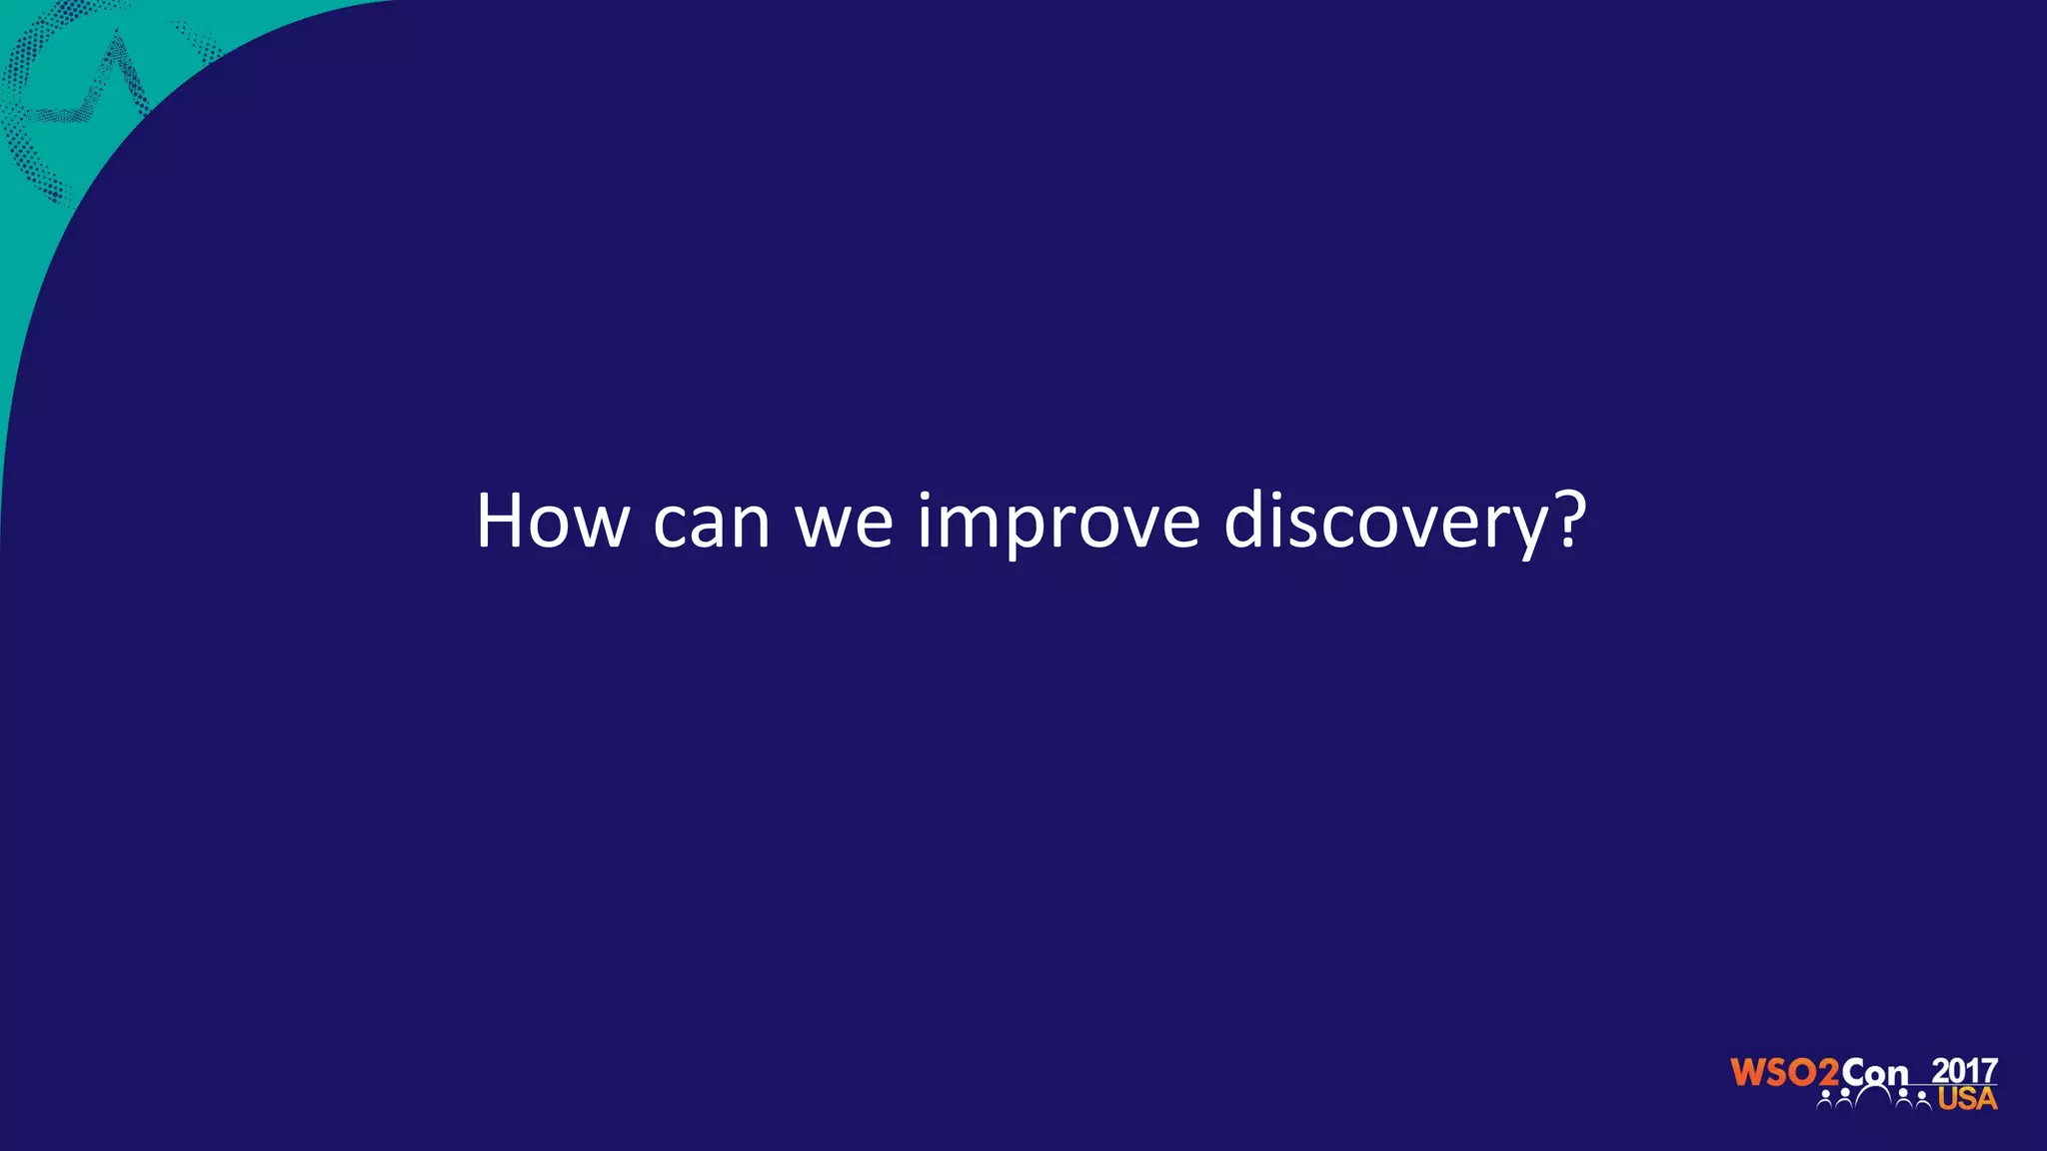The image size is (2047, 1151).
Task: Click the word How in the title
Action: click(x=552, y=522)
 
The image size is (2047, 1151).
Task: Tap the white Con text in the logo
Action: click(x=1875, y=1072)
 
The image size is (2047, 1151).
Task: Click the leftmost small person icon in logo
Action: click(x=1826, y=1100)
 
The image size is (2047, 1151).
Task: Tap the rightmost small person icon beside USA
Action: click(x=1922, y=1100)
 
